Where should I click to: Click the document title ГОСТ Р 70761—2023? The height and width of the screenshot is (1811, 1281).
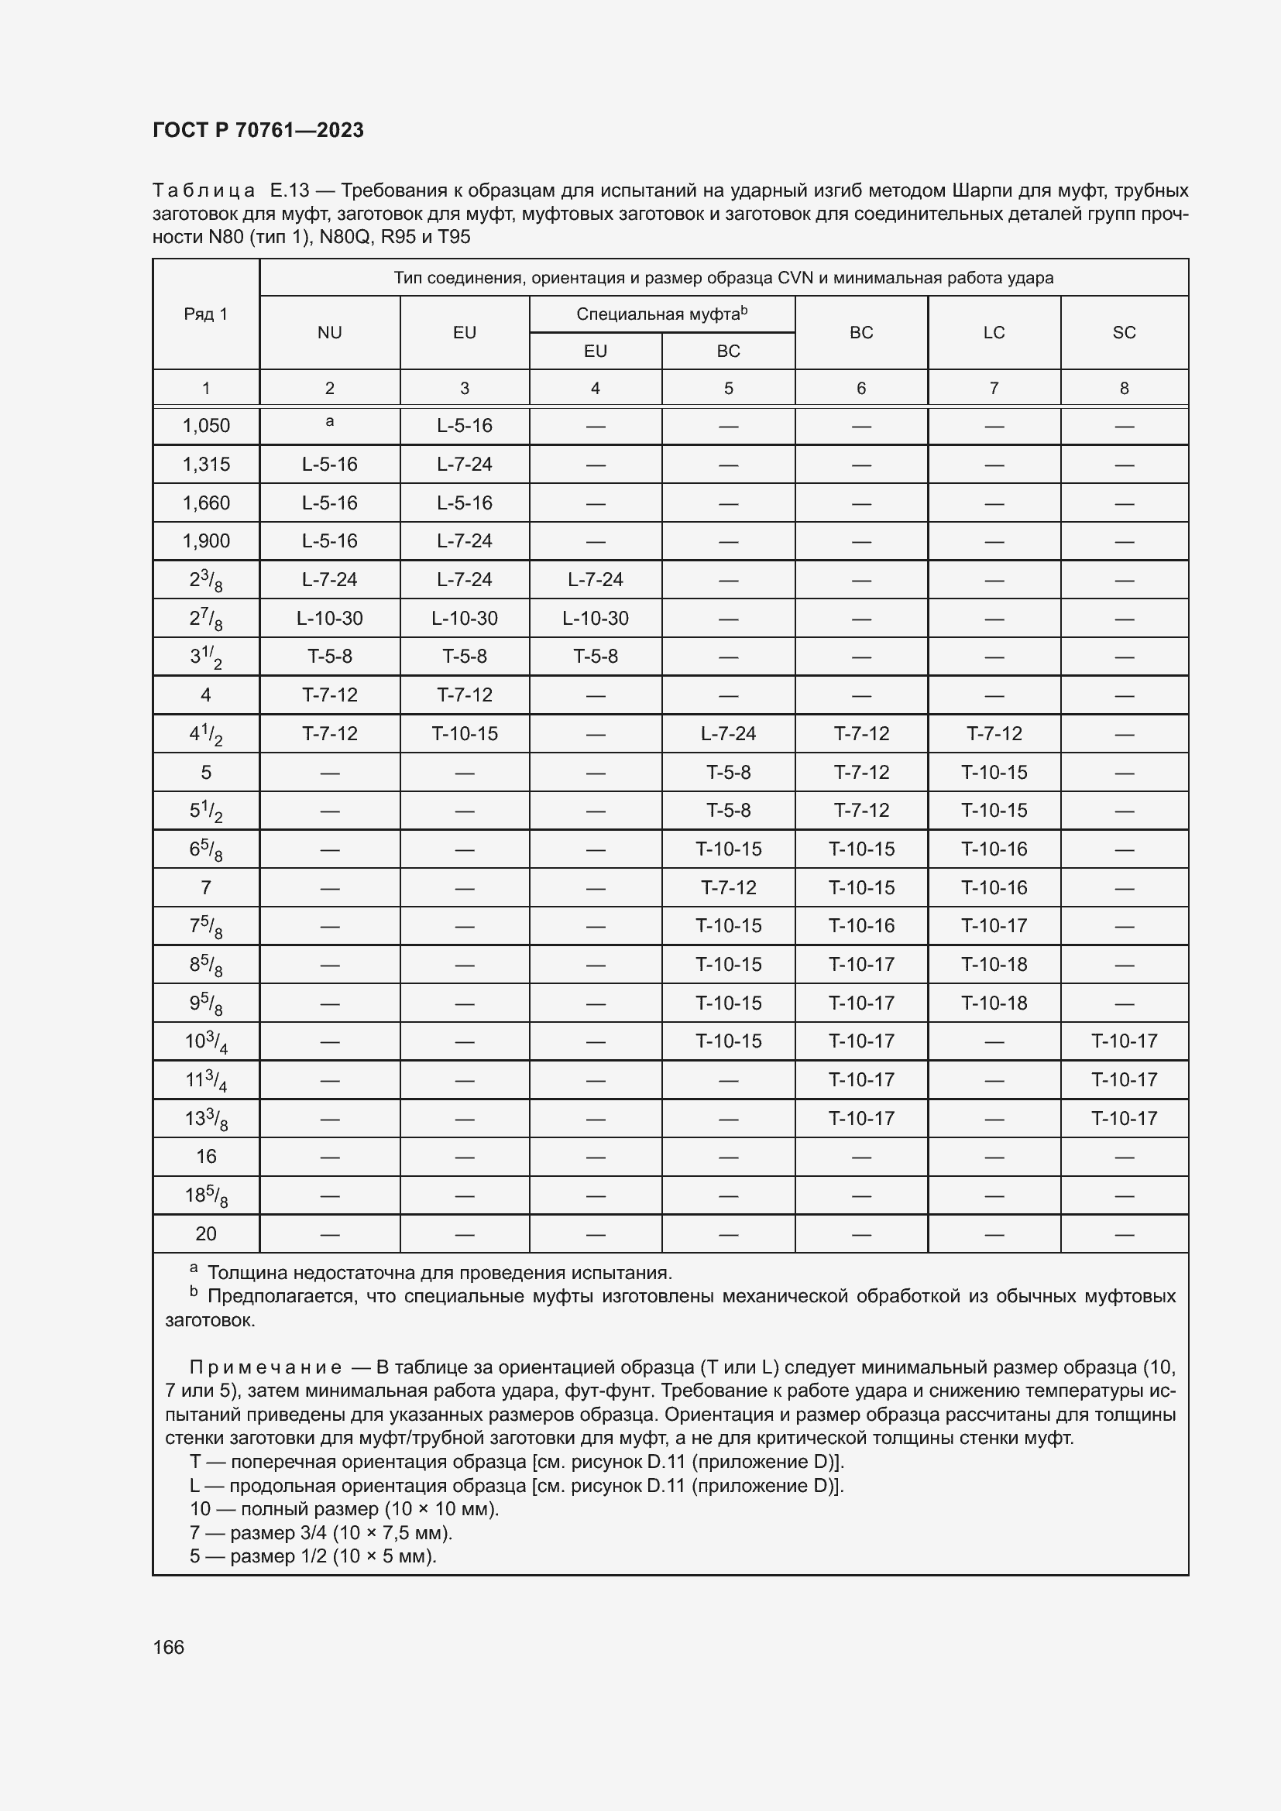coord(258,130)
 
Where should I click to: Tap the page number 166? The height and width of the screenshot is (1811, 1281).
coord(168,1647)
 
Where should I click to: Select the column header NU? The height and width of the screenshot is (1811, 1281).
coord(330,333)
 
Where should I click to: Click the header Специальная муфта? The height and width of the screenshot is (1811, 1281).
coord(661,314)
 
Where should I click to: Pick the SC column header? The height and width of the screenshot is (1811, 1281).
coord(1123,333)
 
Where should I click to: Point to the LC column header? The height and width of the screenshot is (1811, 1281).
coord(993,333)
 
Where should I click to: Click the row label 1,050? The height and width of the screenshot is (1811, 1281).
coord(206,426)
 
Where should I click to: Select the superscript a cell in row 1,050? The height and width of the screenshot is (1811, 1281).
coord(330,422)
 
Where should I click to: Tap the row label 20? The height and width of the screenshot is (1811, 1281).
coord(206,1233)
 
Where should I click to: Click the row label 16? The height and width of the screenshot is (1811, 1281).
coord(206,1156)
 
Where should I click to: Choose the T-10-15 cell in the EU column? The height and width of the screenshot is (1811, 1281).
coord(465,733)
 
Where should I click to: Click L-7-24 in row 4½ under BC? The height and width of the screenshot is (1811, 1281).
coord(728,733)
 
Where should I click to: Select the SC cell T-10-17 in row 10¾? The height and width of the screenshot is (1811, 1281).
coord(1123,1041)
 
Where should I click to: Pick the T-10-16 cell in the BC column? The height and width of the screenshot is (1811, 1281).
coord(860,925)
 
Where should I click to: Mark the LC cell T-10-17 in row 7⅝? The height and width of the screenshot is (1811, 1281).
coord(993,925)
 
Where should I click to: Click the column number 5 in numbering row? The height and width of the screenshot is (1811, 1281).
coord(728,388)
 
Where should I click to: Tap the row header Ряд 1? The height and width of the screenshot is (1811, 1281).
coord(206,314)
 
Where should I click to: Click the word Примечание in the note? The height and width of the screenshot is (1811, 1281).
coord(265,1367)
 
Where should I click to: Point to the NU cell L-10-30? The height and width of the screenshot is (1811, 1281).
coord(330,619)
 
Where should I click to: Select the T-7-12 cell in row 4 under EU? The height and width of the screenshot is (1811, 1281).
coord(465,695)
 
